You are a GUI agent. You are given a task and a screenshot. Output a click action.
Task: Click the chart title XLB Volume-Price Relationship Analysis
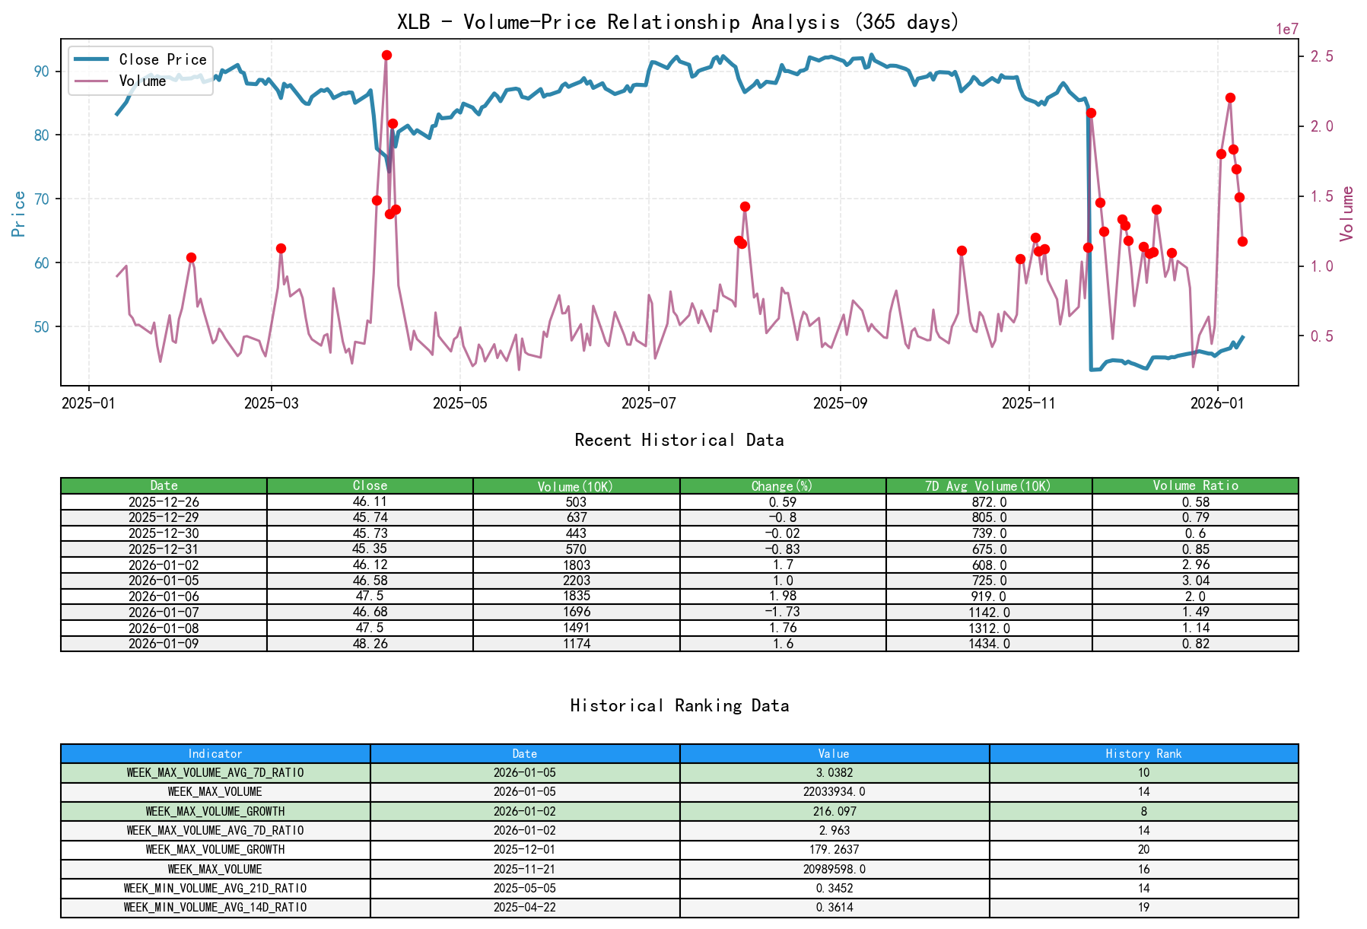tap(678, 21)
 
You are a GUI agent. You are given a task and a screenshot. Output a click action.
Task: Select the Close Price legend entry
tap(162, 59)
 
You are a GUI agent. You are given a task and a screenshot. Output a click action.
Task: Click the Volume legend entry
tap(142, 81)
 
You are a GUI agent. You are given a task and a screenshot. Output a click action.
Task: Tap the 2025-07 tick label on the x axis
tap(648, 403)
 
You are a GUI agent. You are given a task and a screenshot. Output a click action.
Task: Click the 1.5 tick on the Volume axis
tap(1321, 196)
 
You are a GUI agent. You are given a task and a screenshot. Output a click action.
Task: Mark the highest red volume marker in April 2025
tap(386, 56)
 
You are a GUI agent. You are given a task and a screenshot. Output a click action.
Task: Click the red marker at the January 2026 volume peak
tap(1230, 98)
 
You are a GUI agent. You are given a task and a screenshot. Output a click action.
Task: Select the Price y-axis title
tap(19, 214)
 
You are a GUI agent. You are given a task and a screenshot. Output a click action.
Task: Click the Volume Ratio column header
tap(1194, 485)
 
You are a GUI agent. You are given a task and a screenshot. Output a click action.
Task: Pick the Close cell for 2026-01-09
tap(370, 644)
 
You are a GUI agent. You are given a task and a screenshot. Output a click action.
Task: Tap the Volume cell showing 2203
tap(576, 581)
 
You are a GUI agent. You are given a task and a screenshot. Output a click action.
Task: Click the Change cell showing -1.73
tap(782, 612)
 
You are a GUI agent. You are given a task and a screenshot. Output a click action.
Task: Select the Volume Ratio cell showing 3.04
tap(1194, 581)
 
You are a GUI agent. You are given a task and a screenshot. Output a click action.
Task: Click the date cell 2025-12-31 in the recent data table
tap(164, 549)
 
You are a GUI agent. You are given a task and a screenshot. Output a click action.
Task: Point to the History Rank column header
tap(1143, 753)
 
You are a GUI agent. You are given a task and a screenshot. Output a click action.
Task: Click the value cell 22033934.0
tap(834, 792)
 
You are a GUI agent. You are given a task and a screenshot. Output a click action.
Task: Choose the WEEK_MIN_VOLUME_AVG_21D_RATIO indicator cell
tap(215, 888)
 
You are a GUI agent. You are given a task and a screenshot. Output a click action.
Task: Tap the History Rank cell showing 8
tap(1143, 811)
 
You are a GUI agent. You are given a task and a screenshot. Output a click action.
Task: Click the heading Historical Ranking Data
tap(679, 705)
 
